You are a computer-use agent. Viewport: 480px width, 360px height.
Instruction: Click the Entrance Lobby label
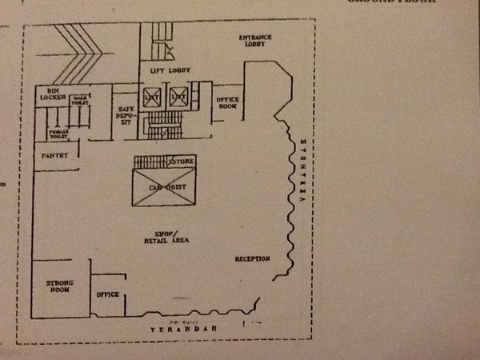(255, 41)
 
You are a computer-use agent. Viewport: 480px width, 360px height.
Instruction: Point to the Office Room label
(228, 102)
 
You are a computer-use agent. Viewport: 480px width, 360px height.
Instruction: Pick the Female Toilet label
(58, 134)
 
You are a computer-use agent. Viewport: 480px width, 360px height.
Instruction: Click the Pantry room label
(55, 155)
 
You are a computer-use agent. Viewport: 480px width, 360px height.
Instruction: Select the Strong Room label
(58, 286)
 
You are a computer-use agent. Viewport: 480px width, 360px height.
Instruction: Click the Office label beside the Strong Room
(107, 294)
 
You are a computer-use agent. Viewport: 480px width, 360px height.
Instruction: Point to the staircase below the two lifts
(166, 125)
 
